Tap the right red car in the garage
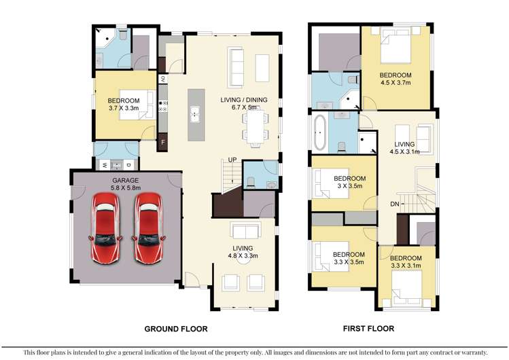[149, 228]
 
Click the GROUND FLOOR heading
[175, 329]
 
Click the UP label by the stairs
[232, 160]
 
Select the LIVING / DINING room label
[244, 101]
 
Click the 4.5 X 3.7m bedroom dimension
[396, 84]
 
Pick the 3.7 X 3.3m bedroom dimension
[124, 108]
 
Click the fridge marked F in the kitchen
[163, 143]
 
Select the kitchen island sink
[194, 113]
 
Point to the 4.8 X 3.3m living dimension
[243, 257]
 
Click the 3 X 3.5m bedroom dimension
[351, 187]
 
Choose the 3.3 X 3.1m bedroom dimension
[406, 267]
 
